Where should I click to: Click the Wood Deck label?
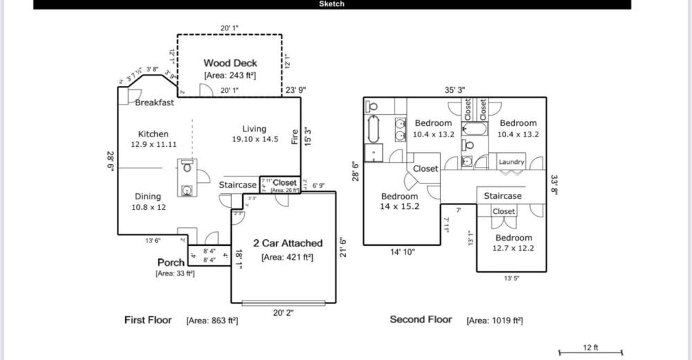coord(230,63)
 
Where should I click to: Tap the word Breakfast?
coord(154,103)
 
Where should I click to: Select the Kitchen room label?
coord(153,134)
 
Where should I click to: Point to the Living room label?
coord(254,129)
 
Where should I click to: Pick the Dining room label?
coord(147,197)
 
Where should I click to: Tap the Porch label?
coord(171,262)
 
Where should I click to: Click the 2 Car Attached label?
coord(288,243)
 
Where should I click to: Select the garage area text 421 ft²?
coord(287,258)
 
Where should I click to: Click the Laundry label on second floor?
coord(511,162)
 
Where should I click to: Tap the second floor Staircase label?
coord(502,196)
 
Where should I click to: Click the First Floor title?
coord(148,320)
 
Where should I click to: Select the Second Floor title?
coord(421,320)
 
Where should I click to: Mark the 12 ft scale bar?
coord(590,352)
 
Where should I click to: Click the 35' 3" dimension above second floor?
coord(454,90)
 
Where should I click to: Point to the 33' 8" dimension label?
coord(554,184)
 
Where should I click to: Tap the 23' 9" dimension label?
coord(295,90)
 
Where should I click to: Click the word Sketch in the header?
coord(331,4)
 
